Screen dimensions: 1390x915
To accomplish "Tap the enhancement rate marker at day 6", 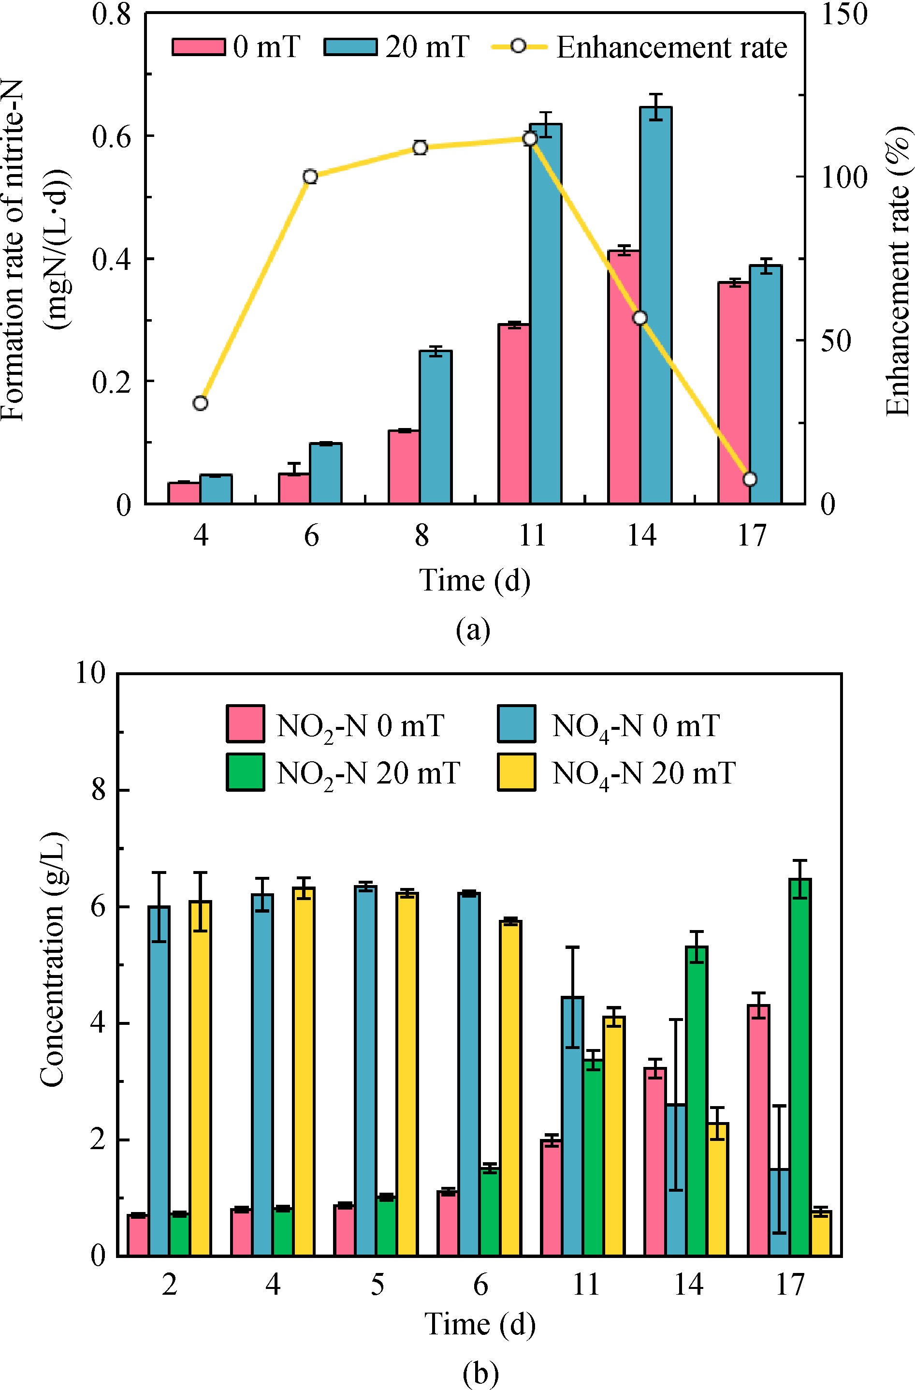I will (x=310, y=177).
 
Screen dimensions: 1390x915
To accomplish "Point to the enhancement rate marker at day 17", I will (x=750, y=479).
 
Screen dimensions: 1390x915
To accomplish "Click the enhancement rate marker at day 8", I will (x=420, y=148).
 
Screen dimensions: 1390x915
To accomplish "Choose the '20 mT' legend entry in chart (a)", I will (x=397, y=47).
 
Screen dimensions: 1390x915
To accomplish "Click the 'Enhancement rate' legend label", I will (x=671, y=47).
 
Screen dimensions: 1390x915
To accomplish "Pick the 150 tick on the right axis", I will (x=844, y=14).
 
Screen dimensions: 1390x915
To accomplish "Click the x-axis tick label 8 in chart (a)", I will (x=421, y=535).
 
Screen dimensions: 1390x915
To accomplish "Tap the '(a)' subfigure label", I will (x=473, y=630).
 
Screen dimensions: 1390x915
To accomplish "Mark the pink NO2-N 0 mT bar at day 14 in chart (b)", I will (x=655, y=1162).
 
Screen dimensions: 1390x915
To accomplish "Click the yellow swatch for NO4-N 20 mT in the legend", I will (x=516, y=772).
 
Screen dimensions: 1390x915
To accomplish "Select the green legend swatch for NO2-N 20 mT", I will (x=246, y=772).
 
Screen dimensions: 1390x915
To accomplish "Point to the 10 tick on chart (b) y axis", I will (x=90, y=673).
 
